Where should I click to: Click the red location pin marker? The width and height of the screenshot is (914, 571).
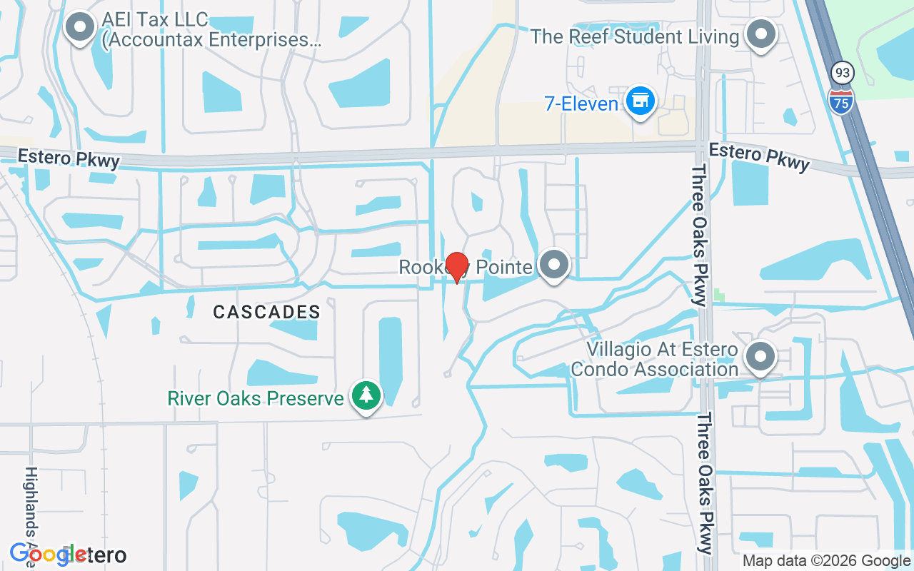pos(456,266)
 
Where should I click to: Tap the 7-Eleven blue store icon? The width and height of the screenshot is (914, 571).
pos(641,101)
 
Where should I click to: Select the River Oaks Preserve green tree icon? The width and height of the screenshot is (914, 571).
pos(366,395)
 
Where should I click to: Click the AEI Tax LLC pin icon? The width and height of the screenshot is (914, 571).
pos(80,29)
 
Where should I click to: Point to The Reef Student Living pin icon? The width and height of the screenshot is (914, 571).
pos(761,34)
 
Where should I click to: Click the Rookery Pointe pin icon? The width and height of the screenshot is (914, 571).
pos(553,266)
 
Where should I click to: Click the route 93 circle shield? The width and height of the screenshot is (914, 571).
pos(842,72)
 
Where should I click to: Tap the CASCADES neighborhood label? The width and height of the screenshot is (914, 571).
pos(267,312)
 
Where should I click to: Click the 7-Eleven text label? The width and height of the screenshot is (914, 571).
pos(581,104)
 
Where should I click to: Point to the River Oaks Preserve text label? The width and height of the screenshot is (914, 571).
pos(256,398)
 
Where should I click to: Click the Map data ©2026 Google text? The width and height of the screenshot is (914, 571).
pos(826,561)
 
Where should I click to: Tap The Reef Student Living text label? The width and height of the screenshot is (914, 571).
pos(635,37)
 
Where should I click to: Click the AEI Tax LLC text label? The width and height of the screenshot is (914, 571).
pos(211,29)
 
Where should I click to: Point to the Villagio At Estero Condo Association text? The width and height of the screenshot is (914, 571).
pos(662,360)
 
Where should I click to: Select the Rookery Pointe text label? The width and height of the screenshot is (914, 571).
pos(466,268)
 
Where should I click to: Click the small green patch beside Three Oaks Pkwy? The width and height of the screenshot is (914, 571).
pos(719,295)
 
